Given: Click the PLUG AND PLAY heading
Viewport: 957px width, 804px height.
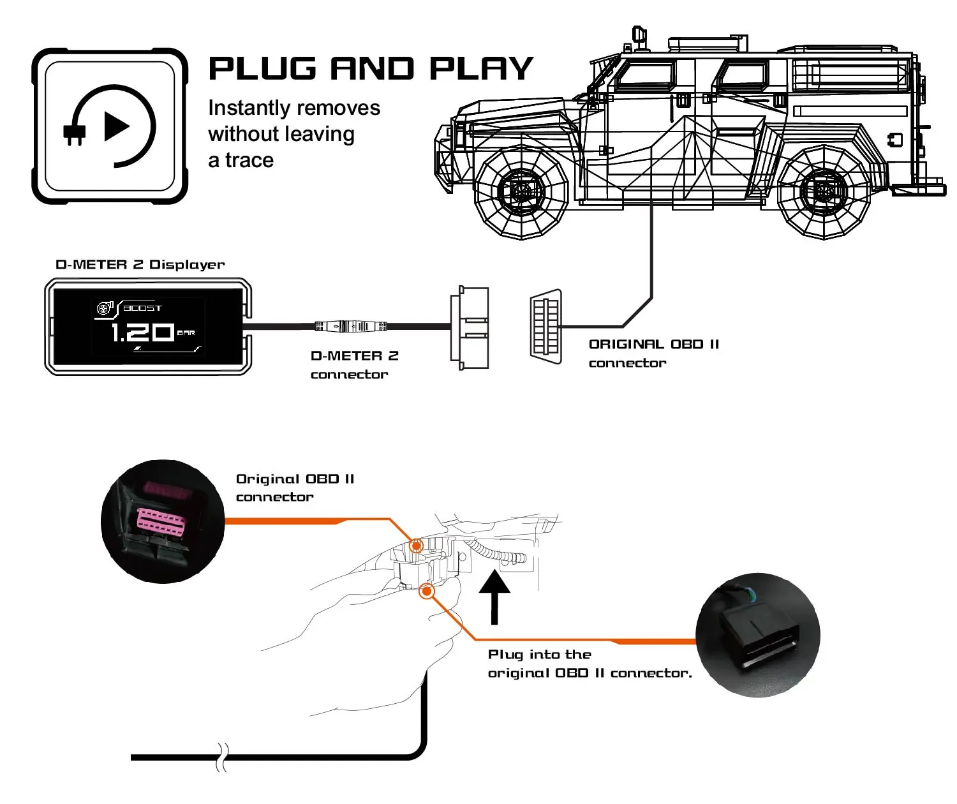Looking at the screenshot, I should tap(370, 69).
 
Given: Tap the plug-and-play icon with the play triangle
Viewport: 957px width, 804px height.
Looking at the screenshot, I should tap(110, 126).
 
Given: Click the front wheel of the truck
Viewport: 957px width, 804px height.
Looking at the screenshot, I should tap(521, 192).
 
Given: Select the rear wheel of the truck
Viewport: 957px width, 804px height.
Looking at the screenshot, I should tap(824, 192).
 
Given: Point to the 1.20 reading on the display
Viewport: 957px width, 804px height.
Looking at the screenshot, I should tap(142, 332).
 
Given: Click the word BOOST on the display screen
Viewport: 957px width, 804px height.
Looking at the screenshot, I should tap(142, 308).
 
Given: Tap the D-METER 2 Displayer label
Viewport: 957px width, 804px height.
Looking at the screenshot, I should tap(140, 265).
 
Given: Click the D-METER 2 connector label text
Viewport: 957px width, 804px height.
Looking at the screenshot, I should tap(354, 365).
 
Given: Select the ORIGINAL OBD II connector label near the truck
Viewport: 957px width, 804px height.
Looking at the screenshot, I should tap(653, 354).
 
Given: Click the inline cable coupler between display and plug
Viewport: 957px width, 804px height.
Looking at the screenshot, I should tap(352, 326).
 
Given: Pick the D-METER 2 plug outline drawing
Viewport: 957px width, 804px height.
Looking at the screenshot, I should tap(470, 327).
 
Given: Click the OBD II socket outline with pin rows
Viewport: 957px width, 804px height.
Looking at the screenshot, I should tap(546, 327).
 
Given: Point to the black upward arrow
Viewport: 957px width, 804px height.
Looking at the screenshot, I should tap(494, 596).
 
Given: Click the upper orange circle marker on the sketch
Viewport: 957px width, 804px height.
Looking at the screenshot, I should tap(416, 546).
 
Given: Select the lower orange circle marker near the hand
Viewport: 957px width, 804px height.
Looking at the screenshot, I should tap(426, 592).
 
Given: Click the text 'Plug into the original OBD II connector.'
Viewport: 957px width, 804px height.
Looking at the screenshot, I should tap(589, 664).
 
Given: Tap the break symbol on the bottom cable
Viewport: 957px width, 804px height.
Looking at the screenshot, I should tap(222, 757).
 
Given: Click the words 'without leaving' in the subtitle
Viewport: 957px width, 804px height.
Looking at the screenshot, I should tap(281, 134).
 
